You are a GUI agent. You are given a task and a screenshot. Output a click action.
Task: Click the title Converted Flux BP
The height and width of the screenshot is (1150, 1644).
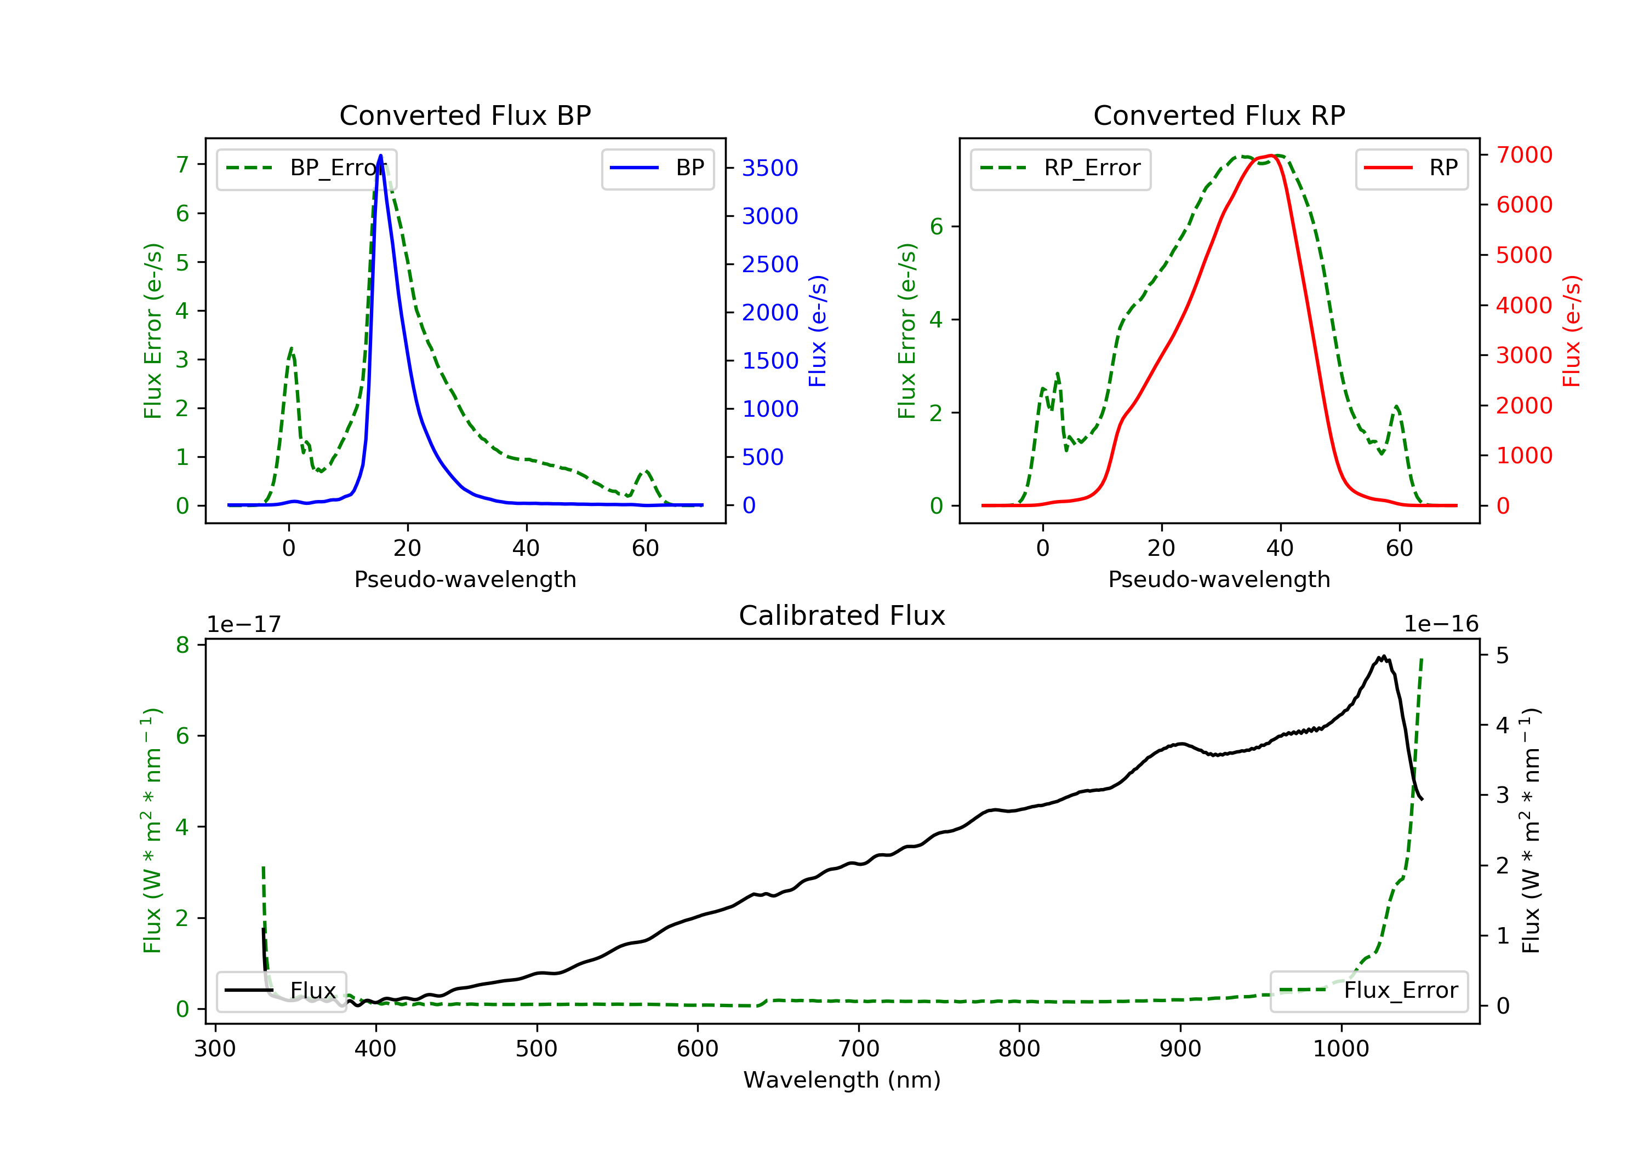[x=465, y=115]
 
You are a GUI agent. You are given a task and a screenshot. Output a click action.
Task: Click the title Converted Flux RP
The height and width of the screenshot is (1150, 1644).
[x=1219, y=115]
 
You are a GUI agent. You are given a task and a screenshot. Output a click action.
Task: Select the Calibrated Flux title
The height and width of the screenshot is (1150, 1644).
[x=842, y=616]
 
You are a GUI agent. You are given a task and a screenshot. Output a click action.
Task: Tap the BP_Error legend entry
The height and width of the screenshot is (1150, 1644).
[x=306, y=168]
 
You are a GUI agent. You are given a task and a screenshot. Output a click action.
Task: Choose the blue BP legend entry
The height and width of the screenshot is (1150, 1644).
[x=657, y=168]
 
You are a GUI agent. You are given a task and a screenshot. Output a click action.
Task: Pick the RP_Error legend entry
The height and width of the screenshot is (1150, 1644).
[x=1060, y=168]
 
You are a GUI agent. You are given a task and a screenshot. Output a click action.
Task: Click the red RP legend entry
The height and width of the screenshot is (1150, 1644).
[x=1411, y=168]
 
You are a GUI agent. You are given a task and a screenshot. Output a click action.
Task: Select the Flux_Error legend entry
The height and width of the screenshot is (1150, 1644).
[x=1368, y=991]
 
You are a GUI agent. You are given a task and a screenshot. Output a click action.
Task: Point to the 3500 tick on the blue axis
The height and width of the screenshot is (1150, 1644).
[x=770, y=168]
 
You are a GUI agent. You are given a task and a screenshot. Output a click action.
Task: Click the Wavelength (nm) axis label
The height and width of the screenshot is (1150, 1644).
[x=842, y=1080]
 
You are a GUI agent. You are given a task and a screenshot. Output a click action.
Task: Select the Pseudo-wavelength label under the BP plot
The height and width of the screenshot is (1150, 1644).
[x=465, y=579]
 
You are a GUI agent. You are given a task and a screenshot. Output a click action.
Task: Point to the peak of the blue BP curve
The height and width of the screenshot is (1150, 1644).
[x=380, y=156]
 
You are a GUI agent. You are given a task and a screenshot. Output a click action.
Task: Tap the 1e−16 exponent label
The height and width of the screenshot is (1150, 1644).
[x=1441, y=624]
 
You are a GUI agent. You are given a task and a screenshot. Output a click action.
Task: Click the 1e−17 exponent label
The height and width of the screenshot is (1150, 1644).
[x=244, y=624]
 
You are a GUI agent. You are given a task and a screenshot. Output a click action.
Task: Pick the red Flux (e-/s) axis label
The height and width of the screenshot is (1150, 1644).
[x=1572, y=331]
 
